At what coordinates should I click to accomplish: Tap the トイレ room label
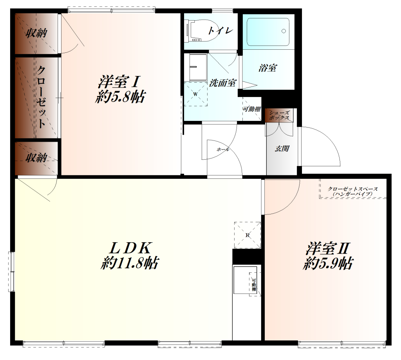click(220, 31)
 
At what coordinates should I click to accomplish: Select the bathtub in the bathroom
click(268, 32)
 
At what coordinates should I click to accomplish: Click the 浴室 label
click(267, 68)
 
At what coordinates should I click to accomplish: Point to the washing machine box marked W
click(196, 94)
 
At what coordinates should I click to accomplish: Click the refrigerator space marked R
click(247, 235)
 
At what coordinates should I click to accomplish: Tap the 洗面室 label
click(222, 83)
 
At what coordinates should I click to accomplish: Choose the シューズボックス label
click(280, 115)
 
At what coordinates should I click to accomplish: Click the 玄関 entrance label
click(282, 148)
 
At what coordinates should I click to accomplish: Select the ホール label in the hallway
click(222, 149)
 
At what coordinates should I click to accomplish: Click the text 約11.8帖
click(130, 263)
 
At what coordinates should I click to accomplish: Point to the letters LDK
click(131, 247)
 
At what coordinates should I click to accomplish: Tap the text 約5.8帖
click(120, 97)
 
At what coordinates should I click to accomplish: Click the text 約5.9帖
click(328, 263)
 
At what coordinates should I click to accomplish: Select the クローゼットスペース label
click(353, 189)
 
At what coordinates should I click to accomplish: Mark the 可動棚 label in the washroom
click(252, 109)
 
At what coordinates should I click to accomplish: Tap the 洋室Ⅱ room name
click(328, 248)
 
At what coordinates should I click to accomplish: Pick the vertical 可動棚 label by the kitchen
click(253, 284)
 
